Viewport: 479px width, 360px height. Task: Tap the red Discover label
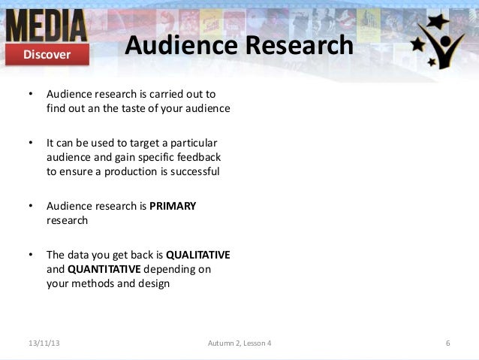tap(47, 54)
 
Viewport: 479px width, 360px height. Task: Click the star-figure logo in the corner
tap(441, 42)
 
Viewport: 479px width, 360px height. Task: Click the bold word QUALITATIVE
tap(197, 254)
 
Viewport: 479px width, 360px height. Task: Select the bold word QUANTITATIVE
tap(106, 269)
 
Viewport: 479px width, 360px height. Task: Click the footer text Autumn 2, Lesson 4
tap(239, 343)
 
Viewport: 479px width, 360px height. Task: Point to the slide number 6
tap(447, 343)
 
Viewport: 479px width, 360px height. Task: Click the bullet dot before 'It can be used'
tap(30, 141)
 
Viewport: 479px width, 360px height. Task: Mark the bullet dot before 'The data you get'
tap(30, 255)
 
